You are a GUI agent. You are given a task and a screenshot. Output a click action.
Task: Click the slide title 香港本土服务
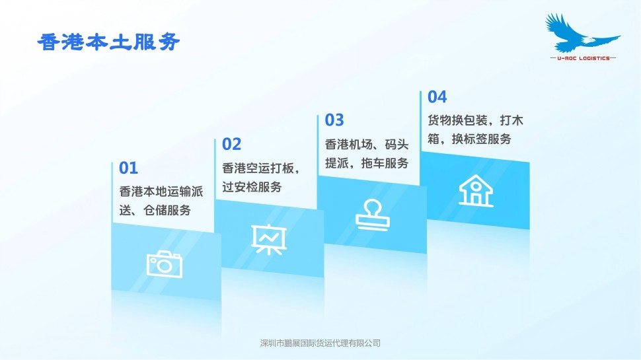(x=108, y=42)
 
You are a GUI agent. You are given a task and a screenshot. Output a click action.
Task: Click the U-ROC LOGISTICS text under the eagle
(x=584, y=58)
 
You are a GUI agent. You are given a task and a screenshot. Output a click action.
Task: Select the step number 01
(x=128, y=168)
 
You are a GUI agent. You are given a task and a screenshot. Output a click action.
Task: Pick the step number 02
(x=232, y=144)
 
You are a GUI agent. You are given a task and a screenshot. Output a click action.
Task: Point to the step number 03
(x=334, y=120)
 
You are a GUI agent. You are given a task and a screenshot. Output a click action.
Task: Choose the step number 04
(x=437, y=97)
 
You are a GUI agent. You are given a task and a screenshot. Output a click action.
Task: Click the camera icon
(x=165, y=264)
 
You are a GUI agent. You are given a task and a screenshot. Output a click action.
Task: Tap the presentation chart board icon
(x=269, y=240)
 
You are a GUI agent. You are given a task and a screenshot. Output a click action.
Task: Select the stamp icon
(x=373, y=215)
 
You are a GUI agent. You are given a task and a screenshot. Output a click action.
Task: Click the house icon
(x=476, y=191)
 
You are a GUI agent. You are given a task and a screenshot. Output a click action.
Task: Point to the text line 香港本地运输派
(x=161, y=192)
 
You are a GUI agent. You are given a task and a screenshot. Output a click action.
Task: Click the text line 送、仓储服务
(x=155, y=211)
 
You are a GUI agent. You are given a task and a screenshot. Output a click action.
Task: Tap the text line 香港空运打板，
(x=262, y=168)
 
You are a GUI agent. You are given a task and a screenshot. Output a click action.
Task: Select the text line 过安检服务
(x=252, y=187)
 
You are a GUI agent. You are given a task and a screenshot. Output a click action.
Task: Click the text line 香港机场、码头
(x=367, y=144)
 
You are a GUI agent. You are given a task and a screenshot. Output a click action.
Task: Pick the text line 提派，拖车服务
(x=367, y=163)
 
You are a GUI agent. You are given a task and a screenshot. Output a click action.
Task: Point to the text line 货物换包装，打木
(x=475, y=120)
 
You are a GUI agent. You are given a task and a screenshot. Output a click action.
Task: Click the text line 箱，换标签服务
(x=469, y=139)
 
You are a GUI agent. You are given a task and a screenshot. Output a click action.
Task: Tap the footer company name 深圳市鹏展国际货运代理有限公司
(x=320, y=343)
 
